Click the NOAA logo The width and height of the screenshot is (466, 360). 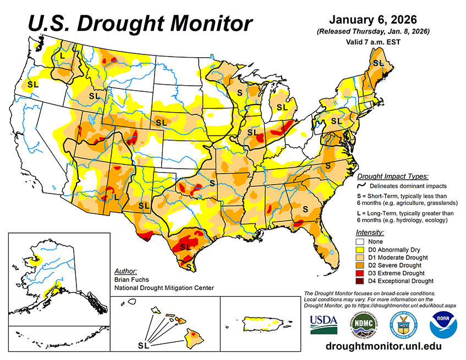(x=441, y=325)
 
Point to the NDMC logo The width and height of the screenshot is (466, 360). (x=363, y=325)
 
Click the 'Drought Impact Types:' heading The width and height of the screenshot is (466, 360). (x=392, y=176)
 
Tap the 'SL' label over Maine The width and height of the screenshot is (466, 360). (x=378, y=63)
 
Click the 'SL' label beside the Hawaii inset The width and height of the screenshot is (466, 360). (x=143, y=346)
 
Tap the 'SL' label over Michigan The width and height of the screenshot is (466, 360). (x=282, y=107)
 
